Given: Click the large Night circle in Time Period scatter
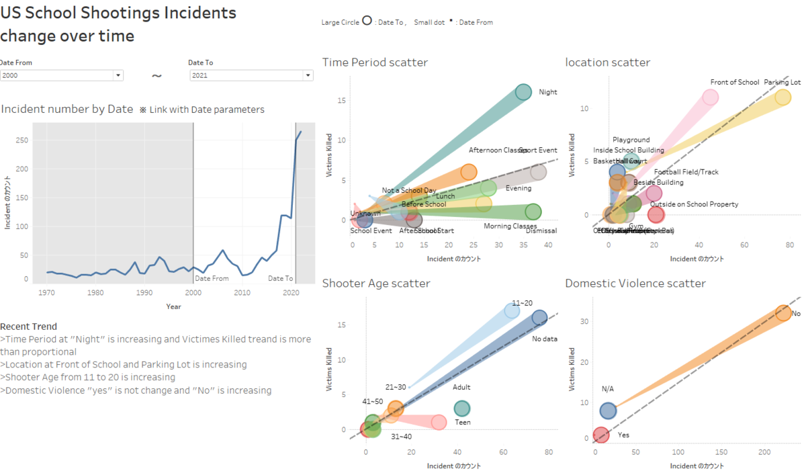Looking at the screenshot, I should pyautogui.click(x=524, y=92).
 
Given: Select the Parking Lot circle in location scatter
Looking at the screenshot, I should pyautogui.click(x=782, y=97).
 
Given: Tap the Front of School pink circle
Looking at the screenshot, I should pyautogui.click(x=710, y=97).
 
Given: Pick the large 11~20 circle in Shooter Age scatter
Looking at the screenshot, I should pyautogui.click(x=512, y=310).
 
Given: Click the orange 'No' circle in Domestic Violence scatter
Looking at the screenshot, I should pyautogui.click(x=783, y=313).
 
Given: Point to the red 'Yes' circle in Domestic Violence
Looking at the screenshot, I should pyautogui.click(x=601, y=435).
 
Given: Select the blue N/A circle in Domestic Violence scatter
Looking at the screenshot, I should pyautogui.click(x=608, y=411).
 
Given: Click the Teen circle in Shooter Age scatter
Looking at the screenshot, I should pyautogui.click(x=462, y=408).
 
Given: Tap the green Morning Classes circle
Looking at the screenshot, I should pyautogui.click(x=533, y=212).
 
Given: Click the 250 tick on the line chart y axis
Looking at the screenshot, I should pyautogui.click(x=23, y=140).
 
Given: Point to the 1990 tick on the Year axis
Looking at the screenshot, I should pyautogui.click(x=144, y=293).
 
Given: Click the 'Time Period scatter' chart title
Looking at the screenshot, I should pyautogui.click(x=375, y=62).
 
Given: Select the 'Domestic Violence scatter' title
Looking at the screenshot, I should pyautogui.click(x=635, y=284).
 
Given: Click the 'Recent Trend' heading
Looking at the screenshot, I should pyautogui.click(x=28, y=327).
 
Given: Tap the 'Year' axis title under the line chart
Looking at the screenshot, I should pyautogui.click(x=173, y=306).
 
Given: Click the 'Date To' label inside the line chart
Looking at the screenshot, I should pyautogui.click(x=280, y=278).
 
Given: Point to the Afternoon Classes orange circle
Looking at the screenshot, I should pyautogui.click(x=469, y=173).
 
